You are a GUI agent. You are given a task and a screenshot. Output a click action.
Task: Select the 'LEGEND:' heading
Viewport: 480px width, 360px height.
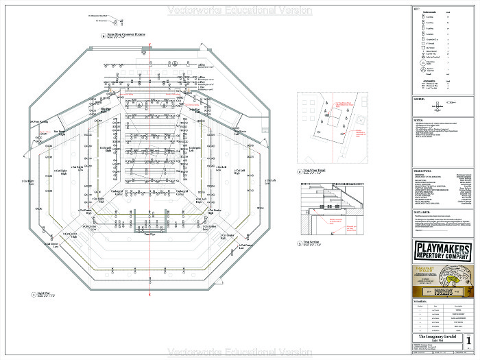click(420, 99)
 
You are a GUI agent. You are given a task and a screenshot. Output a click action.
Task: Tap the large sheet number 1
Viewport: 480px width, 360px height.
click(468, 340)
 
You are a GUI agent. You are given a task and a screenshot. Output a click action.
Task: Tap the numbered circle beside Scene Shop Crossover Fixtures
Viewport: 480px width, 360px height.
click(103, 35)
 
